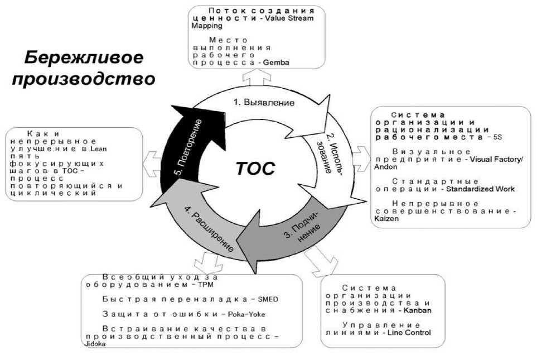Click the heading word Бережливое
[x=84, y=57]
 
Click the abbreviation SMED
[x=267, y=299]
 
